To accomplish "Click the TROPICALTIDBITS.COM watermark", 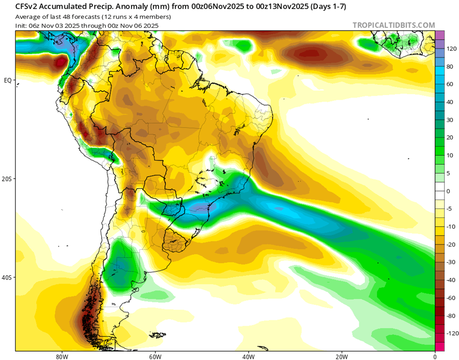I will pos(394,25).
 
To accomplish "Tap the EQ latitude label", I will pos(8,80).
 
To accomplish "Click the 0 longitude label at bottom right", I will pos(435,356).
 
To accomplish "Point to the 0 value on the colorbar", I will pos(449,191).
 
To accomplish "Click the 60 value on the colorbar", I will pos(450,84).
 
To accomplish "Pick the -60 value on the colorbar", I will pos(451,298).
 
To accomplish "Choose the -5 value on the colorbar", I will pos(450,209).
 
